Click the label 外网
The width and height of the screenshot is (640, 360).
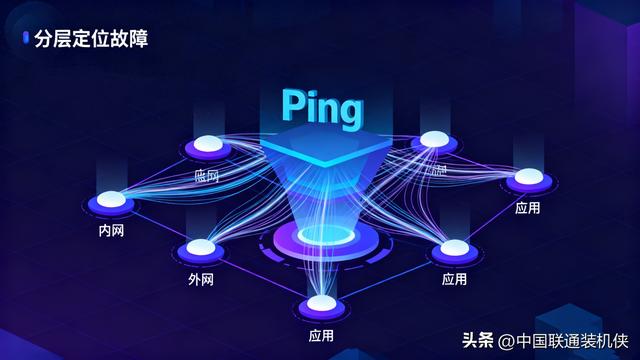(x=200, y=277)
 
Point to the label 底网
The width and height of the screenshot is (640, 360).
(x=206, y=175)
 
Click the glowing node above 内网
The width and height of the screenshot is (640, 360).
(x=110, y=199)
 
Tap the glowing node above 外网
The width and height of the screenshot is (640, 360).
(x=199, y=247)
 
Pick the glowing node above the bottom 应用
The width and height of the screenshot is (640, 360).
(x=321, y=302)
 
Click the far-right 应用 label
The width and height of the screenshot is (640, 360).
(x=527, y=208)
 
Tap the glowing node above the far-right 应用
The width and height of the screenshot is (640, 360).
(x=527, y=178)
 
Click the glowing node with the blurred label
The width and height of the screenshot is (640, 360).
(x=432, y=140)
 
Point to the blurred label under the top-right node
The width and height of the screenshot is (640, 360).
(x=438, y=171)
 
